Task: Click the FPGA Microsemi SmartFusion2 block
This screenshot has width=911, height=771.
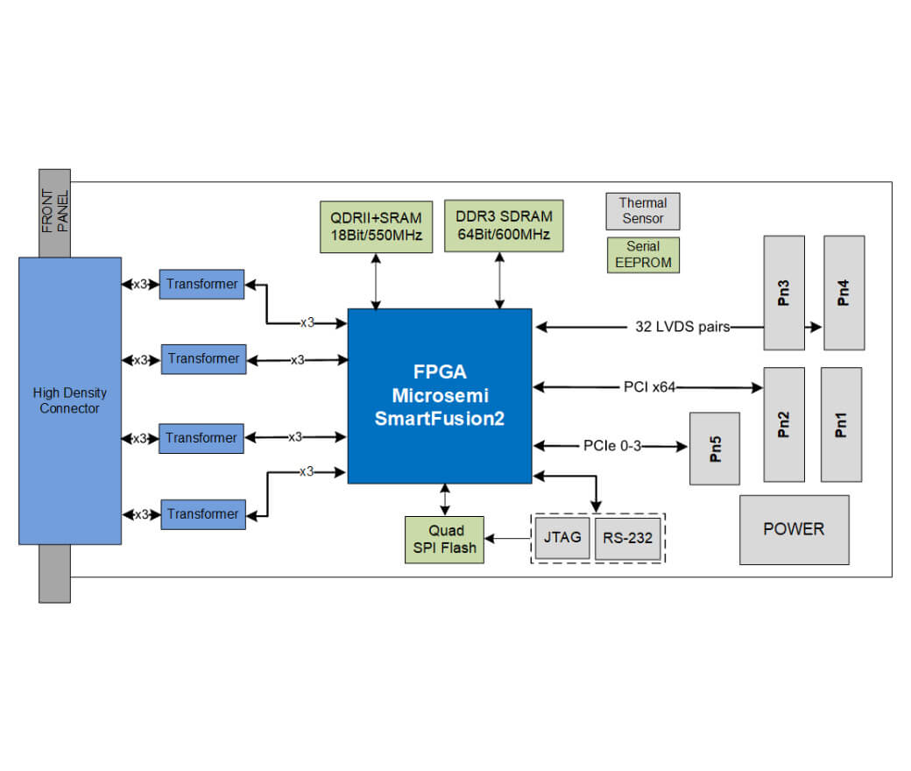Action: click(440, 395)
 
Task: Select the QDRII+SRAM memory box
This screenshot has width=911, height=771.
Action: click(377, 227)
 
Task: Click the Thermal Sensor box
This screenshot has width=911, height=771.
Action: click(643, 211)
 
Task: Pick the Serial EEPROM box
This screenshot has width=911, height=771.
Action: click(643, 254)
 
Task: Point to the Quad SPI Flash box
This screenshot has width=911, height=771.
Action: click(445, 539)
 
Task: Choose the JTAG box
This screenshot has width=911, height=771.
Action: click(561, 537)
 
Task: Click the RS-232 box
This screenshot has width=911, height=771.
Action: click(628, 538)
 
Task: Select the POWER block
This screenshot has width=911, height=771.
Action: click(794, 529)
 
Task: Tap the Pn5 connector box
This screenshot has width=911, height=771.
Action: click(715, 449)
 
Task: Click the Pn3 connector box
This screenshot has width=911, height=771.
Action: click(784, 293)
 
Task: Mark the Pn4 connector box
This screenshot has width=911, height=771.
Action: click(844, 293)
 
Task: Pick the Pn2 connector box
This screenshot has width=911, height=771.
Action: click(784, 424)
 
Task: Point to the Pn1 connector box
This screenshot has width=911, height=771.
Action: click(841, 424)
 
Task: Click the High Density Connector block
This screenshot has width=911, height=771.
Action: click(70, 400)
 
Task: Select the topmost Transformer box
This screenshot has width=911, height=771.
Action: click(201, 284)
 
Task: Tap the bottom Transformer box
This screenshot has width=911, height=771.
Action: click(202, 514)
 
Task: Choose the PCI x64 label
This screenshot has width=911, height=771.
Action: click(649, 385)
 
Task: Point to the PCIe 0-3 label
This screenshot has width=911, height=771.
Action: click(612, 446)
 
